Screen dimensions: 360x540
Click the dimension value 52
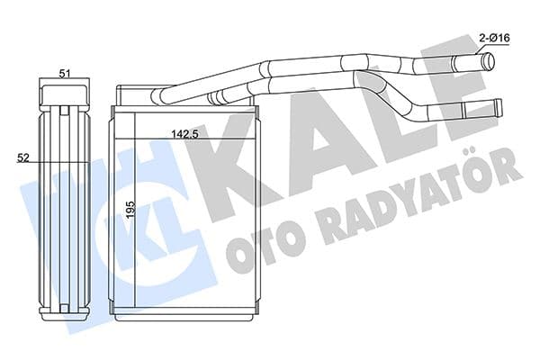pyautogui.click(x=23, y=157)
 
